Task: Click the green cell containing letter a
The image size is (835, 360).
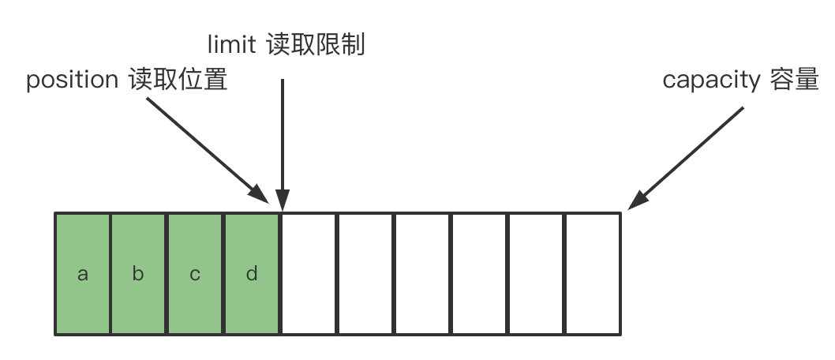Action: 82,274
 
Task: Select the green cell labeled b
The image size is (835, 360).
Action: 138,274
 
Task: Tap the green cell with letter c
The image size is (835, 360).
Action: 195,274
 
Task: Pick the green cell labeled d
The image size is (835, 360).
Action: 252,274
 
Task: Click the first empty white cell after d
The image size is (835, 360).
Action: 309,274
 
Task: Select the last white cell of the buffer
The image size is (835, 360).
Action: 593,274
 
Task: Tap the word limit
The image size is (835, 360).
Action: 230,45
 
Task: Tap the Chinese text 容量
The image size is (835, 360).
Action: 793,81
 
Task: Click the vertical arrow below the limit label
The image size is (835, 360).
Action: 283,134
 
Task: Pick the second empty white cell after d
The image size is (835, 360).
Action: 365,274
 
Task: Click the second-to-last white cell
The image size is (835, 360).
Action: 536,274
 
